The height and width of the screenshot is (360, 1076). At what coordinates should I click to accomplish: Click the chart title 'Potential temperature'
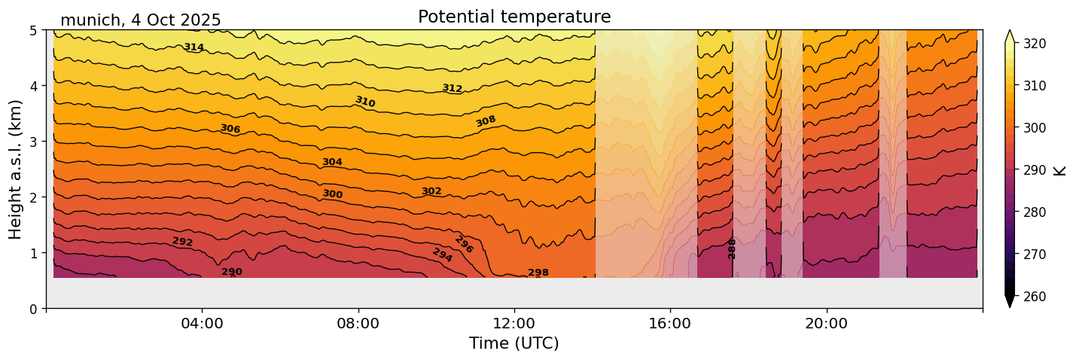click(514, 17)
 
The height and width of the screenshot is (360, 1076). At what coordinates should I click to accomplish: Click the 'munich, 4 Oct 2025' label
click(141, 20)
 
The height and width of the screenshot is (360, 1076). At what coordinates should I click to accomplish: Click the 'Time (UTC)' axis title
click(514, 343)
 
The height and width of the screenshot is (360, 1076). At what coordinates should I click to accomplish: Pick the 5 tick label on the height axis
click(35, 31)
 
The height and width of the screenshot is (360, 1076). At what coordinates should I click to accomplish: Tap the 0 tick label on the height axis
click(35, 308)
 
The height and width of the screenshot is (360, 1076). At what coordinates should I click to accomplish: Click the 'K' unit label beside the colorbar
click(1060, 170)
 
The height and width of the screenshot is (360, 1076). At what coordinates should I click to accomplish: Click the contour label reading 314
click(194, 47)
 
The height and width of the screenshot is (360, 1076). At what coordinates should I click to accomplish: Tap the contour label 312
click(452, 88)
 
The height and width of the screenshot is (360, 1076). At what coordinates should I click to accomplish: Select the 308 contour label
click(486, 121)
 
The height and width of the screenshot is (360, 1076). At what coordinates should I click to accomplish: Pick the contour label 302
click(431, 191)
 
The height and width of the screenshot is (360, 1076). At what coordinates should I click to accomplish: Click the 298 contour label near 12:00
click(538, 273)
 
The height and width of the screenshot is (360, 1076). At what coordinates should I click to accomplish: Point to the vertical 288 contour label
click(732, 249)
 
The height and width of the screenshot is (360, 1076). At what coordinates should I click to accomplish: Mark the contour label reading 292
click(182, 242)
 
